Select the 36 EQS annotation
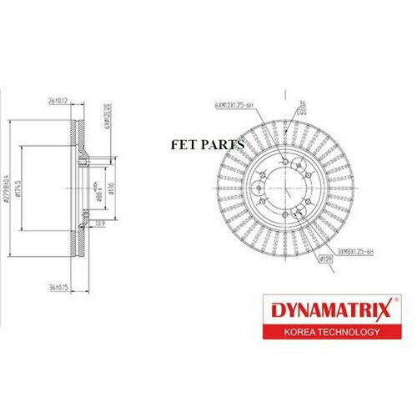[304, 108]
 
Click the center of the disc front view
[283, 193]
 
